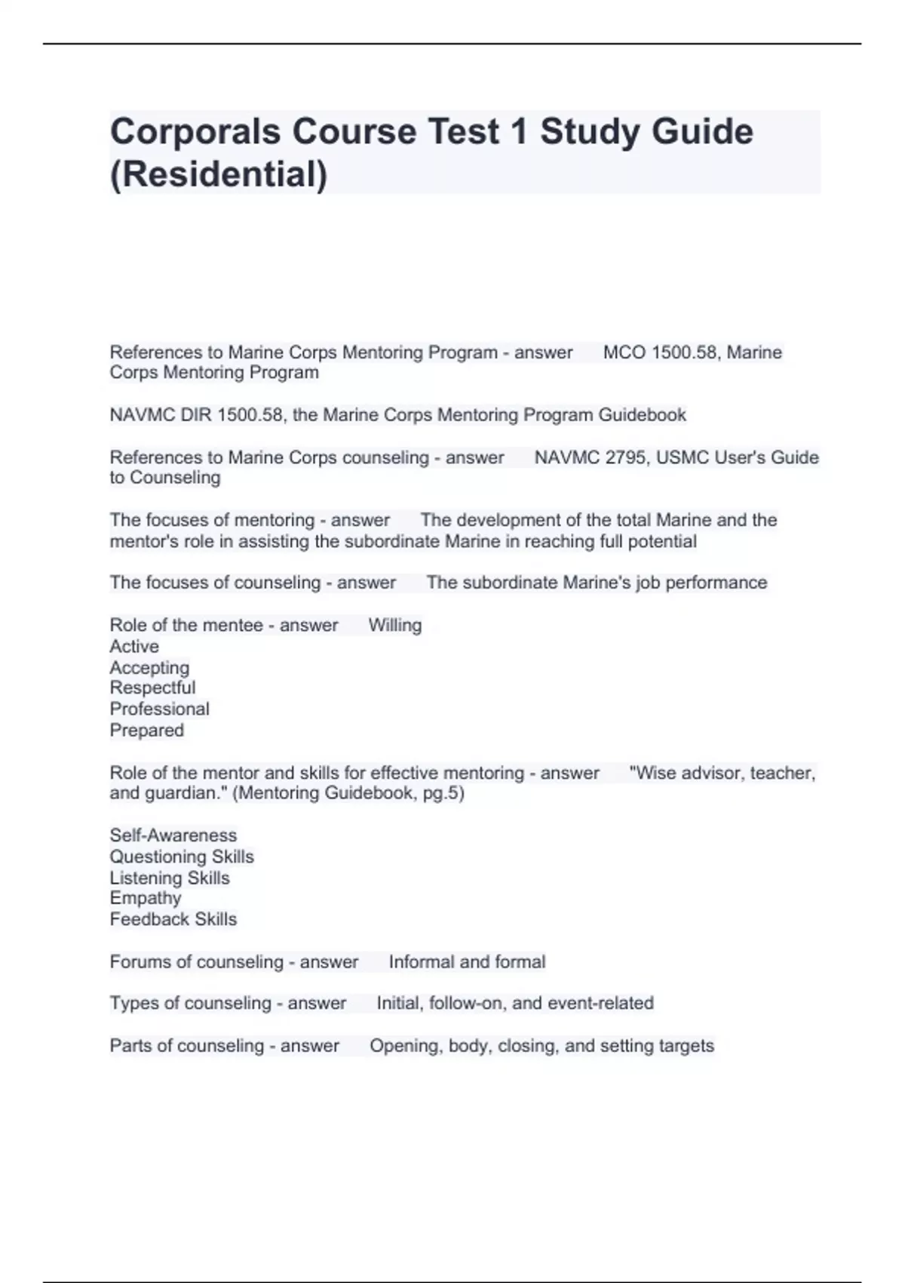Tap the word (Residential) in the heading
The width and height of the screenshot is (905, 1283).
pos(219,174)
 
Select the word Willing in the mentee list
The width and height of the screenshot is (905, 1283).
pos(394,626)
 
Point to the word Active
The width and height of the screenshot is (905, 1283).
pos(134,647)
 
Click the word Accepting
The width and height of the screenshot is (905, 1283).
pos(149,668)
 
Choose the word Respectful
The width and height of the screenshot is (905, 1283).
pos(152,688)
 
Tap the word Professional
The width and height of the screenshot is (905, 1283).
pos(159,709)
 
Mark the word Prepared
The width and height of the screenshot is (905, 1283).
pos(146,731)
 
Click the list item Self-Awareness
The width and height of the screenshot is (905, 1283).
pos(173,835)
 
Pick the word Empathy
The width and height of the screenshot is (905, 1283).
pos(145,898)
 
